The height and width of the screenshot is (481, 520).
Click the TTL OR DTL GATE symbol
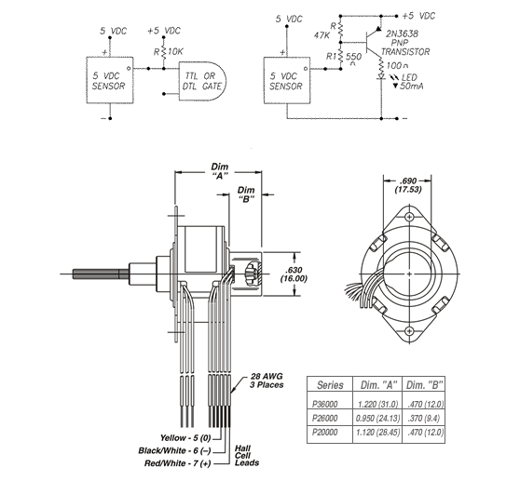tap(202, 81)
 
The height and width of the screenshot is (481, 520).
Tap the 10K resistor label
tap(175, 52)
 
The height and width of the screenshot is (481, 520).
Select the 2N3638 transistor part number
tap(402, 33)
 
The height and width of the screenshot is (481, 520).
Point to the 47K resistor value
tap(322, 35)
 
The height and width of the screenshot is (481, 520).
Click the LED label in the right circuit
tap(409, 77)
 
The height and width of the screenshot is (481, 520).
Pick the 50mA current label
tap(412, 87)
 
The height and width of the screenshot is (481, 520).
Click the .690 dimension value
tap(408, 181)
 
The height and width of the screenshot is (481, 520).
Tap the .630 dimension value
tap(294, 270)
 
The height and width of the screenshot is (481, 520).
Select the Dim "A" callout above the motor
tap(220, 171)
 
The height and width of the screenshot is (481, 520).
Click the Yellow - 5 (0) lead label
tap(185, 438)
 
